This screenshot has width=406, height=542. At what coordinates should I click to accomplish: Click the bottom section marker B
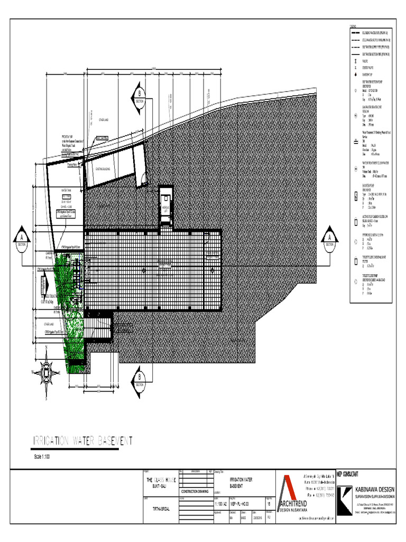(x=139, y=379)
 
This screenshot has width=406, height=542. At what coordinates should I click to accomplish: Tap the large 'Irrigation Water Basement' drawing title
(x=84, y=441)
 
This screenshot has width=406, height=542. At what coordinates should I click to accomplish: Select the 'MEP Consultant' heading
(x=348, y=473)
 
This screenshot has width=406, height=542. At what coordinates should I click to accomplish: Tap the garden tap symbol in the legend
(x=356, y=75)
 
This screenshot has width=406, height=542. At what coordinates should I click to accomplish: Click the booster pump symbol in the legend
(x=356, y=196)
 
